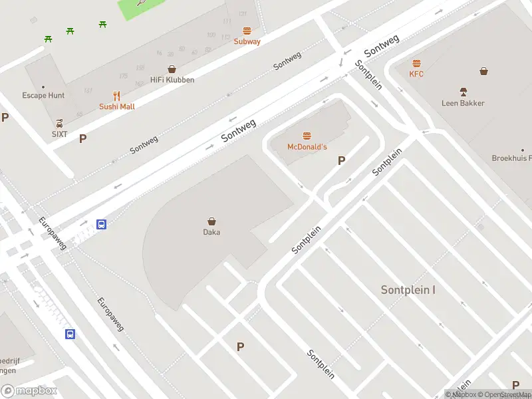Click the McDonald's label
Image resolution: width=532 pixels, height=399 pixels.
[307, 146]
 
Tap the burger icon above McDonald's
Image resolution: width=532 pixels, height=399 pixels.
[307, 136]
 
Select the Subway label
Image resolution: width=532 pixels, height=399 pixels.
[247, 41]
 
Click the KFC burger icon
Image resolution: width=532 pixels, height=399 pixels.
[416, 64]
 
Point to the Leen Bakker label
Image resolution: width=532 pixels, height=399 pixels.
[463, 103]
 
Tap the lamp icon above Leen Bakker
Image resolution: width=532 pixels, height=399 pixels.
[463, 91]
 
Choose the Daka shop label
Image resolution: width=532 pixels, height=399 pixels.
[211, 232]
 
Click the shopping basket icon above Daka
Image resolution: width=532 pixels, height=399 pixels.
[211, 221]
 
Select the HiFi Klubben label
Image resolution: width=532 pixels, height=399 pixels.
[172, 80]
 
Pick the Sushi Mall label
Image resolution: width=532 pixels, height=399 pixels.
[117, 106]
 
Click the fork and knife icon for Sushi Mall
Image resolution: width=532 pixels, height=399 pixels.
[117, 96]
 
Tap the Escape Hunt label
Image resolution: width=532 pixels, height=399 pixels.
[43, 95]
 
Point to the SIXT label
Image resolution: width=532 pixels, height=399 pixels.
[60, 134]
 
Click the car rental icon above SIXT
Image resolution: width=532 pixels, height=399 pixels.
[60, 123]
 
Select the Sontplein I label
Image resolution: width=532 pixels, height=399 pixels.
[408, 290]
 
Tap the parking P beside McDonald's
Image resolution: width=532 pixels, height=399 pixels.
[342, 160]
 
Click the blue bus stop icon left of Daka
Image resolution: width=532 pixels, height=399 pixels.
[102, 225]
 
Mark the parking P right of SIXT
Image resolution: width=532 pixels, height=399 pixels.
[83, 139]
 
